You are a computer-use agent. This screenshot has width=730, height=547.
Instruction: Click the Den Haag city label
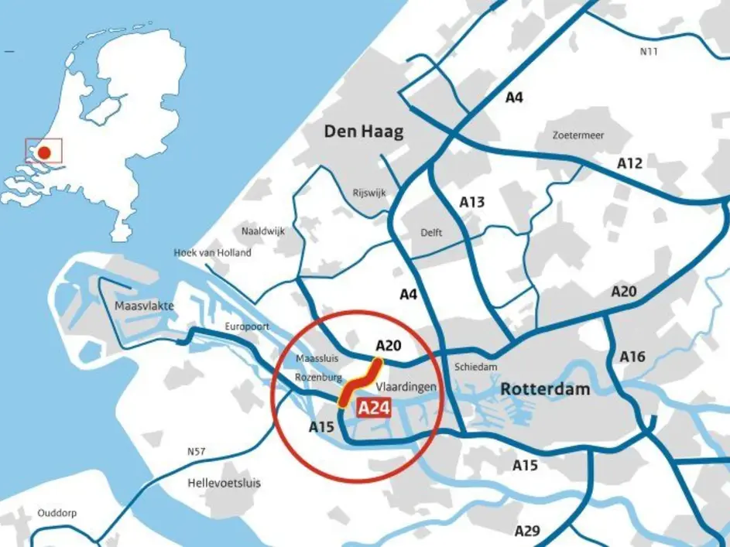(363, 132)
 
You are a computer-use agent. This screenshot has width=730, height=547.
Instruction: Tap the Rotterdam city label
(545, 389)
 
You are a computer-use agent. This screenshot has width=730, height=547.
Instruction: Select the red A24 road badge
(375, 408)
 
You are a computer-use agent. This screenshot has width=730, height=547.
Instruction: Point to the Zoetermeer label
(578, 135)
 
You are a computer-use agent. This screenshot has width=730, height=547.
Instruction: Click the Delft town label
(431, 232)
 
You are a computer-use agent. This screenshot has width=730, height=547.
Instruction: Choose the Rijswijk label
(368, 193)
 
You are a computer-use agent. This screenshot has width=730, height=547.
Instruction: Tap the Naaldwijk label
(263, 231)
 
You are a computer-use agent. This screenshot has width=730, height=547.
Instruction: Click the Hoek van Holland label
(212, 253)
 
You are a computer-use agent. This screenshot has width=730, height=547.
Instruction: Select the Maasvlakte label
(144, 306)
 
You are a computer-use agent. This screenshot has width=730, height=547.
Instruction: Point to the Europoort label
(247, 326)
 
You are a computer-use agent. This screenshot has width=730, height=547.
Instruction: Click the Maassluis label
(317, 359)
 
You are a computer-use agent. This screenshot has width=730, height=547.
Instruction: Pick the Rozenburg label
(318, 378)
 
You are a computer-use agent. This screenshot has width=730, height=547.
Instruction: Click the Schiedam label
(476, 367)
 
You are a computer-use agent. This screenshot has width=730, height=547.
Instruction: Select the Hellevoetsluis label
(224, 484)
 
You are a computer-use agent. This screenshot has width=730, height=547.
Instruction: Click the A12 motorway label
(630, 163)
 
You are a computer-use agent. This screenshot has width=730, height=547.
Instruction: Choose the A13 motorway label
(471, 203)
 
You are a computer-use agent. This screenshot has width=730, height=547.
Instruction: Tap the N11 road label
(648, 52)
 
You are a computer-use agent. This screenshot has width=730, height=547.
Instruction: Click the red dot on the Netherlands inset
(45, 152)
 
